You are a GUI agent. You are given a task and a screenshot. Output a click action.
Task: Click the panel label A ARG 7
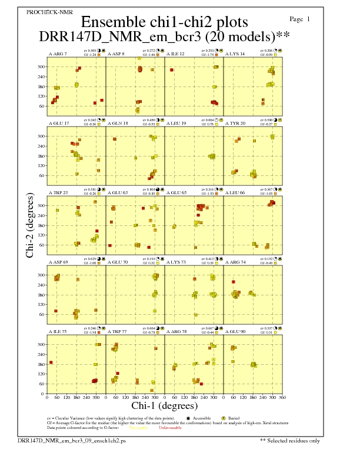pyautogui.click(x=58, y=54)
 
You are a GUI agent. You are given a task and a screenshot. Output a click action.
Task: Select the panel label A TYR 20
pyautogui.click(x=235, y=124)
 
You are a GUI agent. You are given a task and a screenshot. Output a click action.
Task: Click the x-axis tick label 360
pyautogui.click(x=282, y=397)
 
